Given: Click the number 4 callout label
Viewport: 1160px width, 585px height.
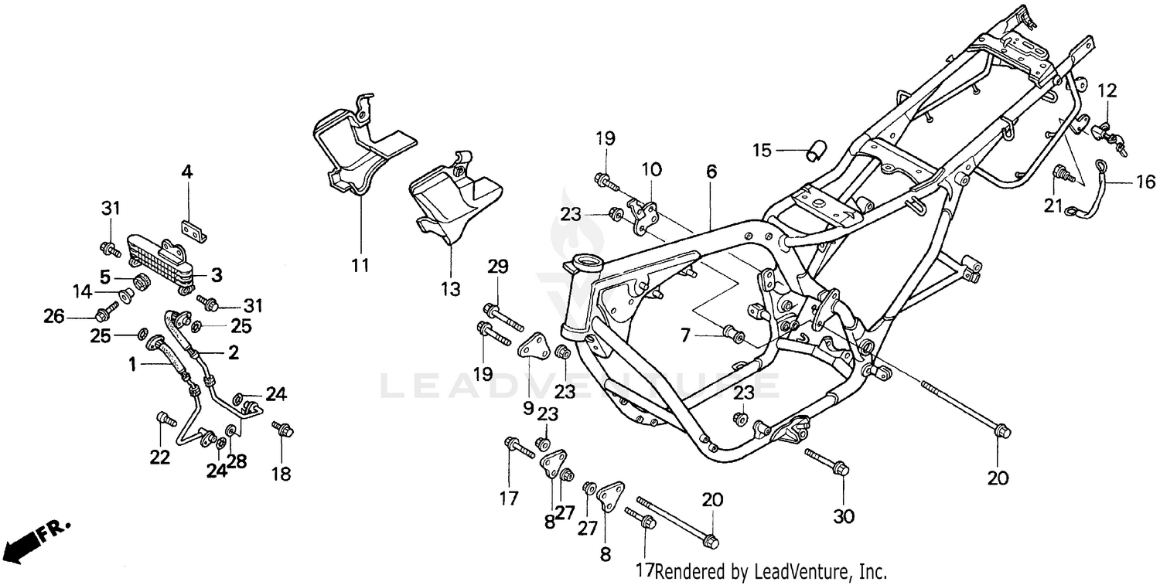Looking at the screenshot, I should (x=186, y=171).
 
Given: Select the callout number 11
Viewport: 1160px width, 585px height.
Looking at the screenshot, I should (x=359, y=266).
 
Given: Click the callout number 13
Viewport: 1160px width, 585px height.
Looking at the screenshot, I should (x=450, y=289).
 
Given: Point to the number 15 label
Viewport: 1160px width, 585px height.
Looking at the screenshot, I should (x=763, y=150).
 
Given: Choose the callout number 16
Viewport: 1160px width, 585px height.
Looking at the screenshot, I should (x=1145, y=182).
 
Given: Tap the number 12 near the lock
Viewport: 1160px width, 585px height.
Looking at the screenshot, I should (x=1107, y=90).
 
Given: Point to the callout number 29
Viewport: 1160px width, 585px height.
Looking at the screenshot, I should (x=497, y=267).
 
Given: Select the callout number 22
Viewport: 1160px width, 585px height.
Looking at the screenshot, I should (x=159, y=457).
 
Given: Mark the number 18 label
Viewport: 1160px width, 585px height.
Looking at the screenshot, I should (x=281, y=474).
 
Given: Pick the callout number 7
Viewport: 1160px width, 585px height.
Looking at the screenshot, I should (x=684, y=335).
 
